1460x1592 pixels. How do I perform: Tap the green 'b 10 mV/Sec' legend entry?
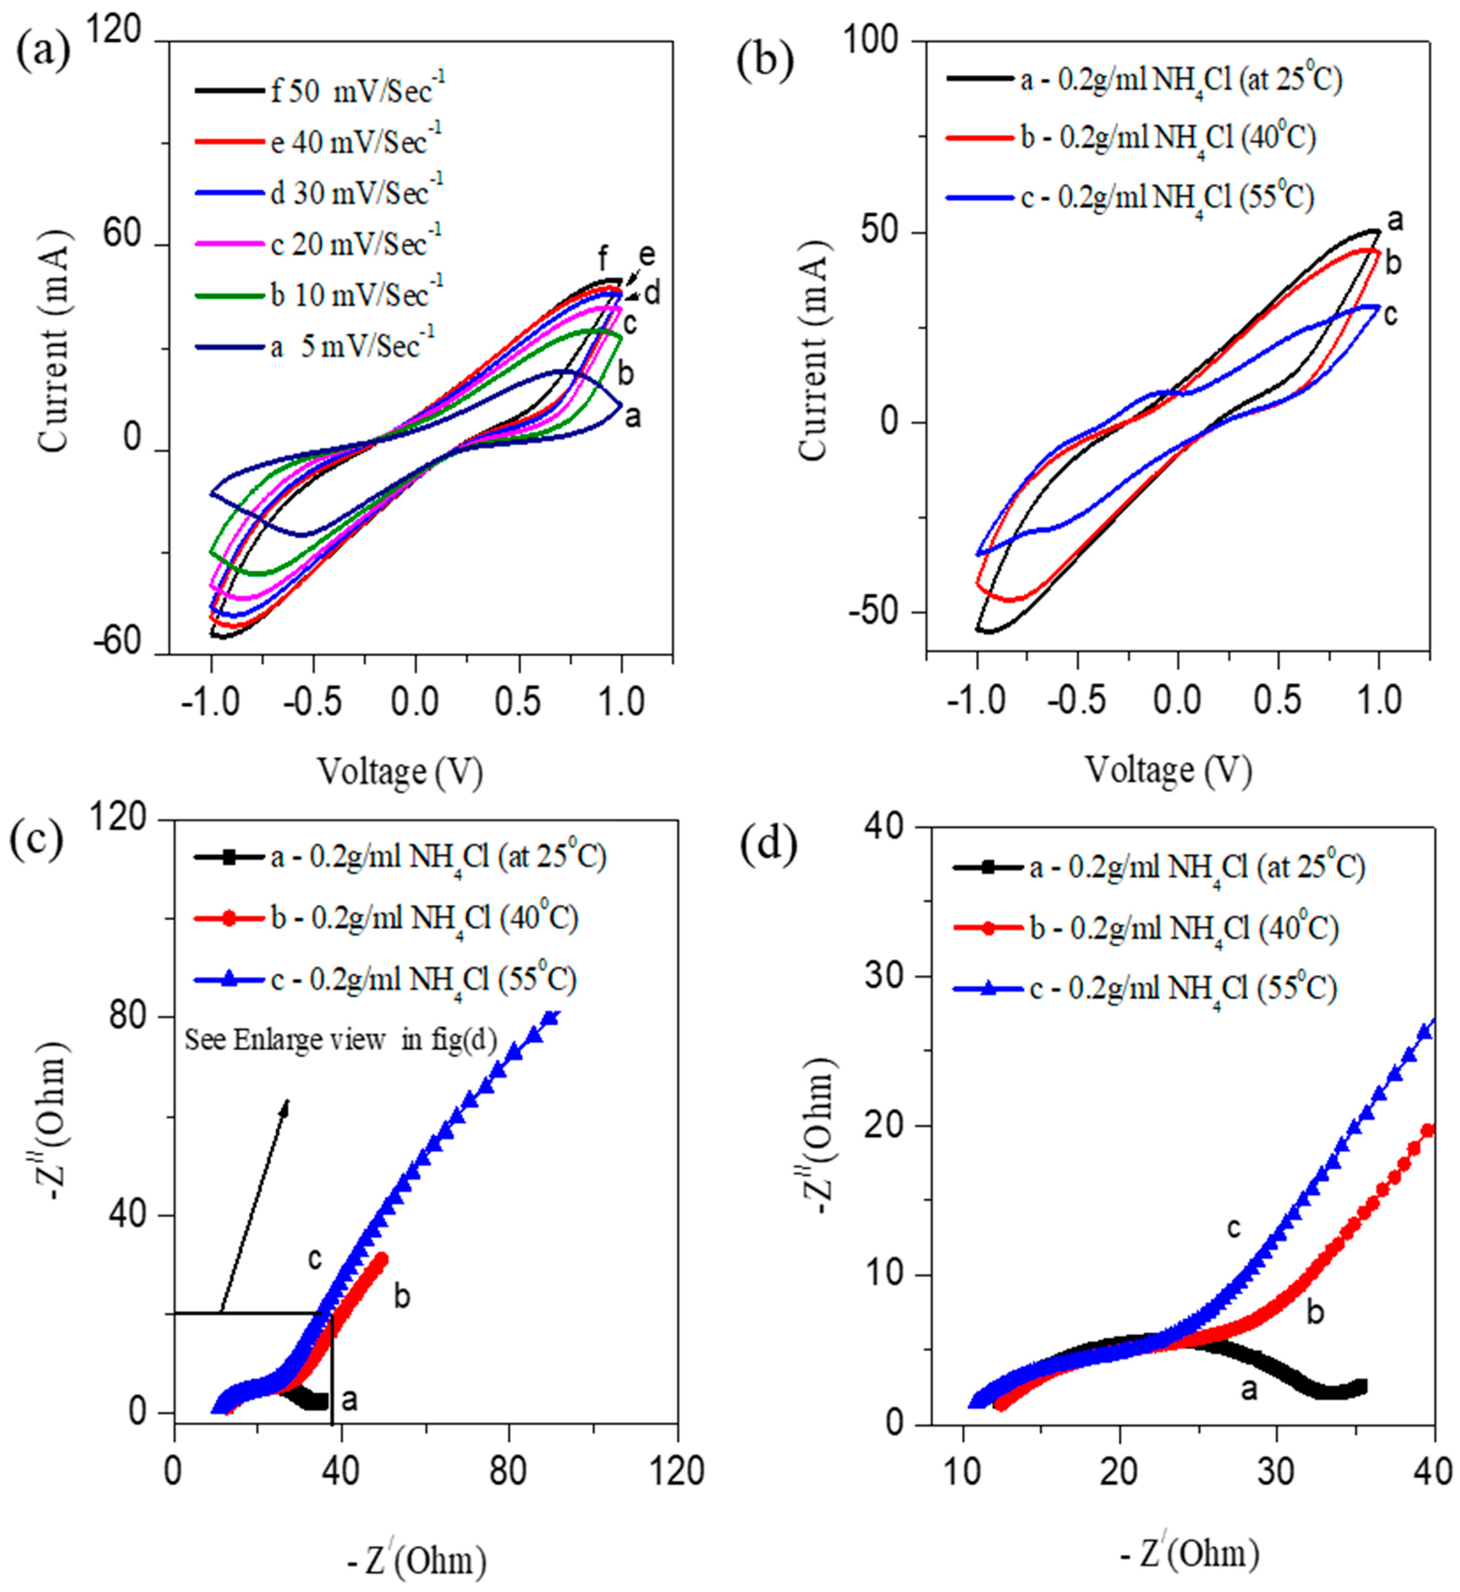tap(316, 294)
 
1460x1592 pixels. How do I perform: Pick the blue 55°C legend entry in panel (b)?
tap(1130, 197)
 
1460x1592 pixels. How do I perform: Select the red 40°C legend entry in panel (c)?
tap(387, 918)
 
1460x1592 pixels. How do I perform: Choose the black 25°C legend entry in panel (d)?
tap(1157, 868)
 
